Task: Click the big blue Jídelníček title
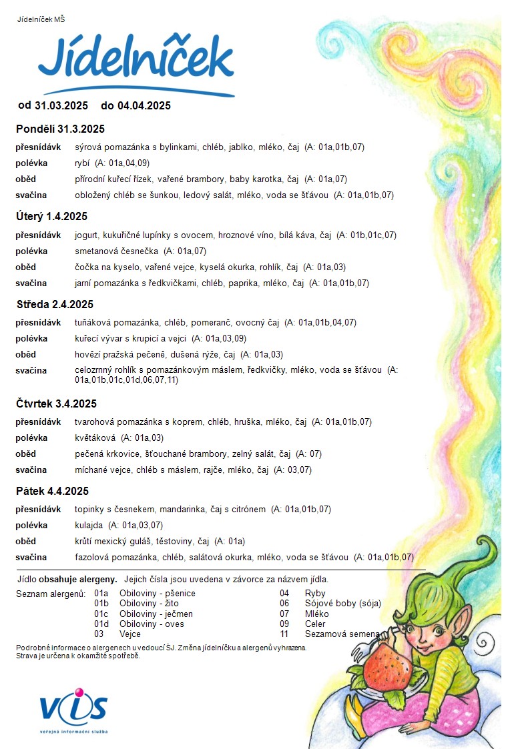click(x=136, y=60)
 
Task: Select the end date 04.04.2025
click(x=144, y=105)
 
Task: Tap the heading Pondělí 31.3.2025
click(x=61, y=129)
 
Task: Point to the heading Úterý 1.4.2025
click(x=51, y=217)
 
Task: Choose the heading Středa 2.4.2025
click(x=55, y=305)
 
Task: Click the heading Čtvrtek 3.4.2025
click(x=57, y=404)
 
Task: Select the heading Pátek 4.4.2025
click(x=52, y=492)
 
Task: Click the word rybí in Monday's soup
click(x=83, y=163)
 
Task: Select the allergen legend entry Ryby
click(x=315, y=593)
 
